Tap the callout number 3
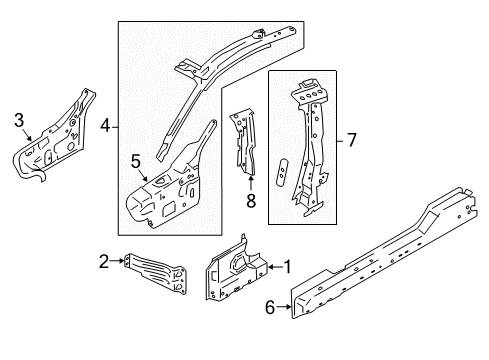(18, 122)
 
